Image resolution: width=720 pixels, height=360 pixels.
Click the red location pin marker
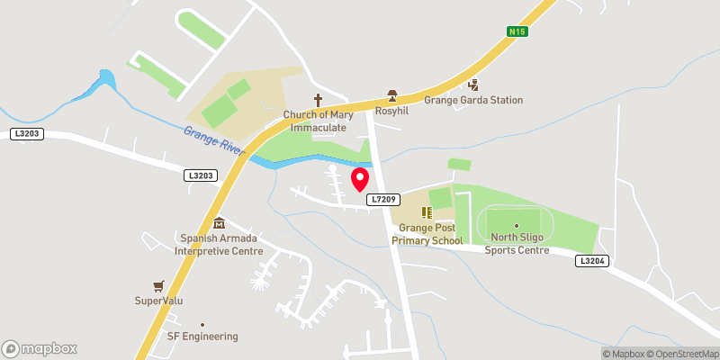click(359, 178)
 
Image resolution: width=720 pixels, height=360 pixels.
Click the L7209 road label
click(383, 197)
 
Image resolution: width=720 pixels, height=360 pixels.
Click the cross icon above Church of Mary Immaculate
click(317, 100)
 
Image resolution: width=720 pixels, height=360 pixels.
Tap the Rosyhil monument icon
click(391, 94)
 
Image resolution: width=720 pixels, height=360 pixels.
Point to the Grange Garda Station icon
click(473, 85)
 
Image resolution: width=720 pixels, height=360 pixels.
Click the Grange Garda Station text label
click(473, 100)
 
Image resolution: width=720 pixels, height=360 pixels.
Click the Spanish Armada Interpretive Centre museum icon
click(218, 223)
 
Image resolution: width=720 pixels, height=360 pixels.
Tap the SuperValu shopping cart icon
click(158, 285)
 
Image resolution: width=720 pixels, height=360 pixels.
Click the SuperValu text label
click(158, 301)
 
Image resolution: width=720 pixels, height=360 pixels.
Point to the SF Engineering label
click(202, 337)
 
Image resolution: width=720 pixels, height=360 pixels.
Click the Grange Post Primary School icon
click(427, 213)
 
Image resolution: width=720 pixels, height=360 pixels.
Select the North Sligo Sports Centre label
click(517, 244)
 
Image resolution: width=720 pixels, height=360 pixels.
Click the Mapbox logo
click(40, 348)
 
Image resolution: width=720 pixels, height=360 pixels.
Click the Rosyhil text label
click(391, 113)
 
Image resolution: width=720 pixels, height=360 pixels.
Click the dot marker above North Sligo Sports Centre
click(516, 225)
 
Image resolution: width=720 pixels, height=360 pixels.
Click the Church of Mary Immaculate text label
click(315, 121)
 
